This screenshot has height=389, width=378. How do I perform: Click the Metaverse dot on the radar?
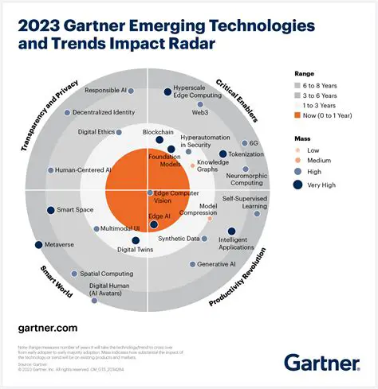pyautogui.click(x=38, y=244)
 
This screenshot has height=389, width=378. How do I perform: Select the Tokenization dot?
pyautogui.click(x=223, y=154)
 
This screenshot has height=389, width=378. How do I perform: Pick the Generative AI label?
pyautogui.click(x=216, y=264)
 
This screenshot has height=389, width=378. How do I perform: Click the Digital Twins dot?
pyautogui.click(x=135, y=240)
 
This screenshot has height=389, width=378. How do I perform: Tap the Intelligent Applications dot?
pyautogui.click(x=232, y=232)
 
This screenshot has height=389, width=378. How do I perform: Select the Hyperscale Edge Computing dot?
pyautogui.click(x=168, y=92)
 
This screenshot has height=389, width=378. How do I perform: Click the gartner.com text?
pyautogui.click(x=48, y=328)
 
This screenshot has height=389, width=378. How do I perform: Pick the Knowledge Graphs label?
pyautogui.click(x=213, y=165)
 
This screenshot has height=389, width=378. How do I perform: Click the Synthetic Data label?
pyautogui.click(x=179, y=239)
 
